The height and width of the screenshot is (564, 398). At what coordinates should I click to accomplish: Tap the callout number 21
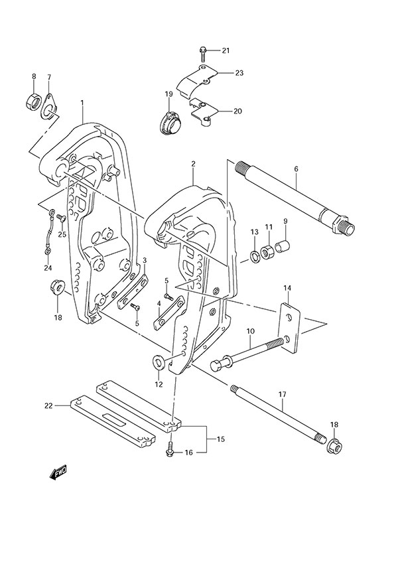click(x=225, y=51)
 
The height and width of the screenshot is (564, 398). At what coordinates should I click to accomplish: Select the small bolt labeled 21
click(x=203, y=52)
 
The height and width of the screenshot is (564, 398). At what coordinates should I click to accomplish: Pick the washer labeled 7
click(x=50, y=107)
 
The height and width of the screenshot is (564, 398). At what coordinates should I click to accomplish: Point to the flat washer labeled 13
click(x=255, y=256)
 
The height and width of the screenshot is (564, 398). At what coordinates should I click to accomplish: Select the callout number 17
click(x=282, y=395)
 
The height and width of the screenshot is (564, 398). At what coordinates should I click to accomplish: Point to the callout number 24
click(x=47, y=268)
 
